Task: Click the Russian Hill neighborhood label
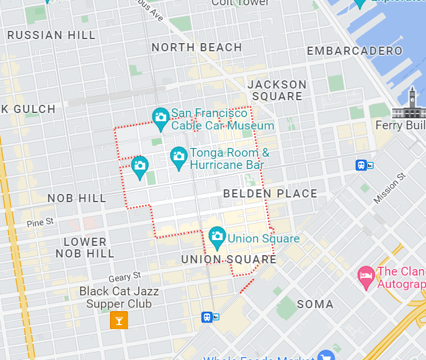click(x=51, y=35)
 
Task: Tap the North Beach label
click(x=197, y=47)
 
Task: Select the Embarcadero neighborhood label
click(x=354, y=51)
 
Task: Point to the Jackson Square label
click(x=277, y=90)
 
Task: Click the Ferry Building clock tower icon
click(x=411, y=103)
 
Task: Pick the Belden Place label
click(x=270, y=193)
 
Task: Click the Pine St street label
click(x=40, y=222)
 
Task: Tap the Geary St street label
click(x=125, y=276)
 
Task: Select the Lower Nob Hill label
click(x=85, y=248)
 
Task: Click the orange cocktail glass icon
click(x=119, y=320)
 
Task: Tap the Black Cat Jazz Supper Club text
click(x=119, y=297)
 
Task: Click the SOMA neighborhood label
click(x=315, y=304)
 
